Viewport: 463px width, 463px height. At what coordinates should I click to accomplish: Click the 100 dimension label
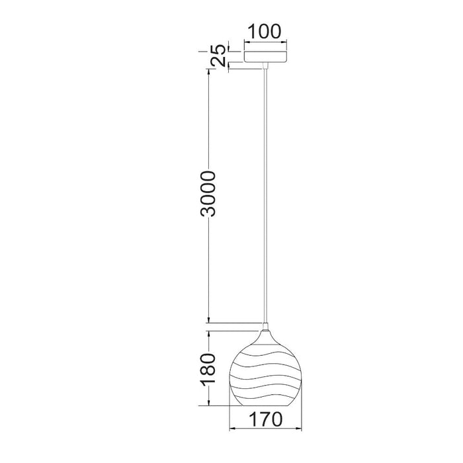coord(265,32)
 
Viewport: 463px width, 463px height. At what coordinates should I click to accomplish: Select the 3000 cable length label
coord(208,194)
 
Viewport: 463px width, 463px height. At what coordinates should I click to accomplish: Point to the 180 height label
coord(208,370)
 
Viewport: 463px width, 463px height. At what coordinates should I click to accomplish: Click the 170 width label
coord(266,419)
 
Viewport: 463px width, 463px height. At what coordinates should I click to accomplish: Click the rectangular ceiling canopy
coord(265,57)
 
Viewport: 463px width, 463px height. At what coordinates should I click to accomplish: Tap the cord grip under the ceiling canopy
coord(265,66)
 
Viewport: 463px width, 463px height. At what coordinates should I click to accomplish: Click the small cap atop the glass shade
coord(265,327)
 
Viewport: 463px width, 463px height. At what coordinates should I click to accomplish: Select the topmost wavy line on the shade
coord(265,345)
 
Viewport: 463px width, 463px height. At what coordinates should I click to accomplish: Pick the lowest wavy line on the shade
coord(265,397)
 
